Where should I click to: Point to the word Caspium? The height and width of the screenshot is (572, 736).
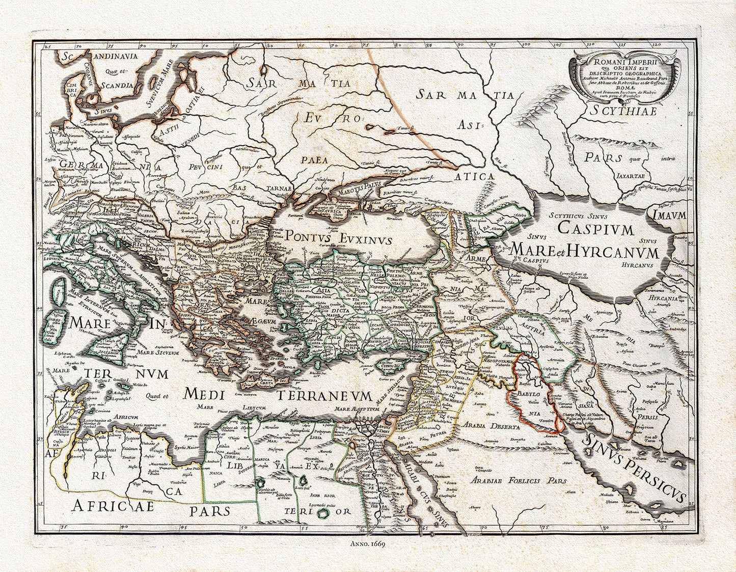pyautogui.click(x=595, y=228)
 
